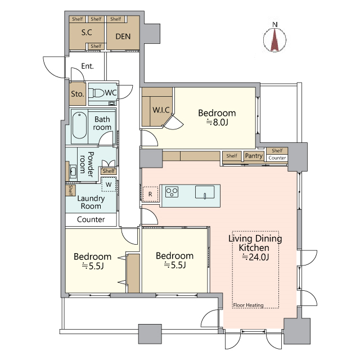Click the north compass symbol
pyautogui.click(x=275, y=38)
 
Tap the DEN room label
pyautogui.click(x=123, y=36)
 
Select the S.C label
pyautogui.click(x=87, y=33)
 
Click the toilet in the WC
pyautogui.click(x=96, y=93)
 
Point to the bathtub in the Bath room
pyautogui.click(x=79, y=125)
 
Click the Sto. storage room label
pyautogui.click(x=78, y=94)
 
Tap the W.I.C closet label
pyautogui.click(x=161, y=110)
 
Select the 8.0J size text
pyautogui.click(x=217, y=123)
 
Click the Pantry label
pyautogui.click(x=254, y=156)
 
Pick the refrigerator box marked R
pyautogui.click(x=150, y=194)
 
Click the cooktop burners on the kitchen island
pyautogui.click(x=172, y=192)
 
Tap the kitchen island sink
pyautogui.click(x=205, y=192)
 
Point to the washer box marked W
pyautogui.click(x=109, y=184)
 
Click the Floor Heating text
pyautogui.click(x=248, y=305)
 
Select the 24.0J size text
pyautogui.click(x=255, y=257)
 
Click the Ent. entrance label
pyautogui.click(x=88, y=66)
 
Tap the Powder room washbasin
pyautogui.click(x=73, y=171)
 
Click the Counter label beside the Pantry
pyautogui.click(x=277, y=158)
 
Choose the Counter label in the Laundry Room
pyautogui.click(x=91, y=219)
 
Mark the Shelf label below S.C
pyautogui.click(x=96, y=46)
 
